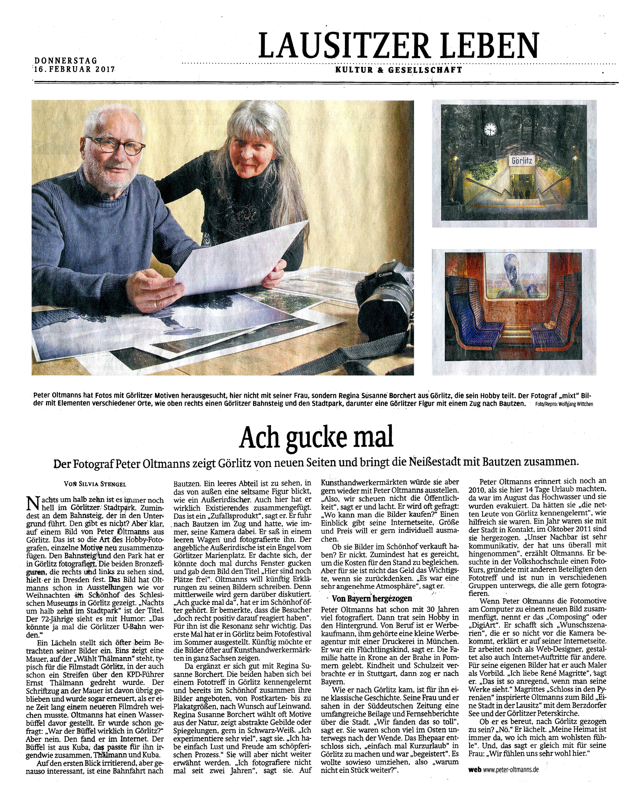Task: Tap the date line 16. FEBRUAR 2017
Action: pos(74,69)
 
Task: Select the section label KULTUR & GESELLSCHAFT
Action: pos(398,70)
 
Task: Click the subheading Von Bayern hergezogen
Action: pos(371,598)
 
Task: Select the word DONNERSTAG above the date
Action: pos(66,60)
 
